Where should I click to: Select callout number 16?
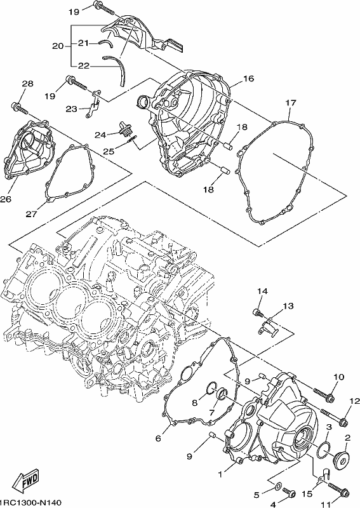click(x=248, y=78)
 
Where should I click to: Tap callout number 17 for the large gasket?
click(x=291, y=103)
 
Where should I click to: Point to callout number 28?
click(x=27, y=84)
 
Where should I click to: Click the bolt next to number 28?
click(x=20, y=108)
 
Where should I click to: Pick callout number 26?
click(x=6, y=199)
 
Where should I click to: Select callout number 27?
click(x=32, y=214)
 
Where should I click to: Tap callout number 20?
click(x=58, y=46)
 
